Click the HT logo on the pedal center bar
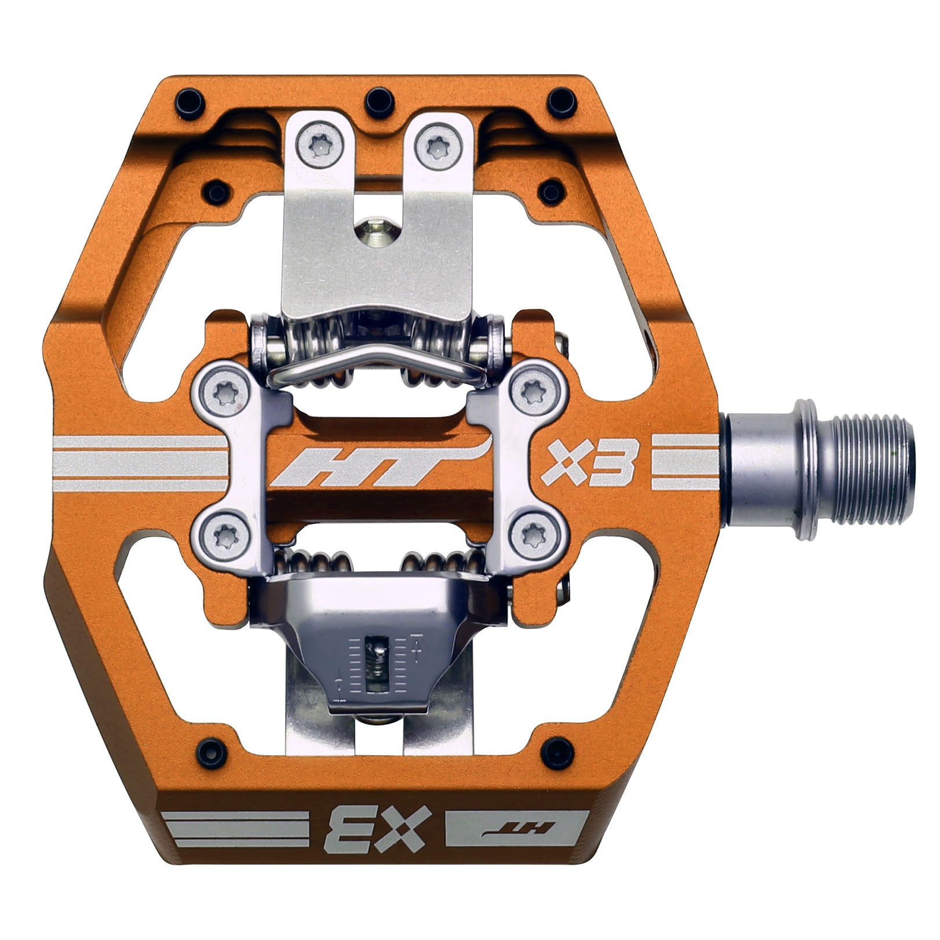click(x=377, y=464)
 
